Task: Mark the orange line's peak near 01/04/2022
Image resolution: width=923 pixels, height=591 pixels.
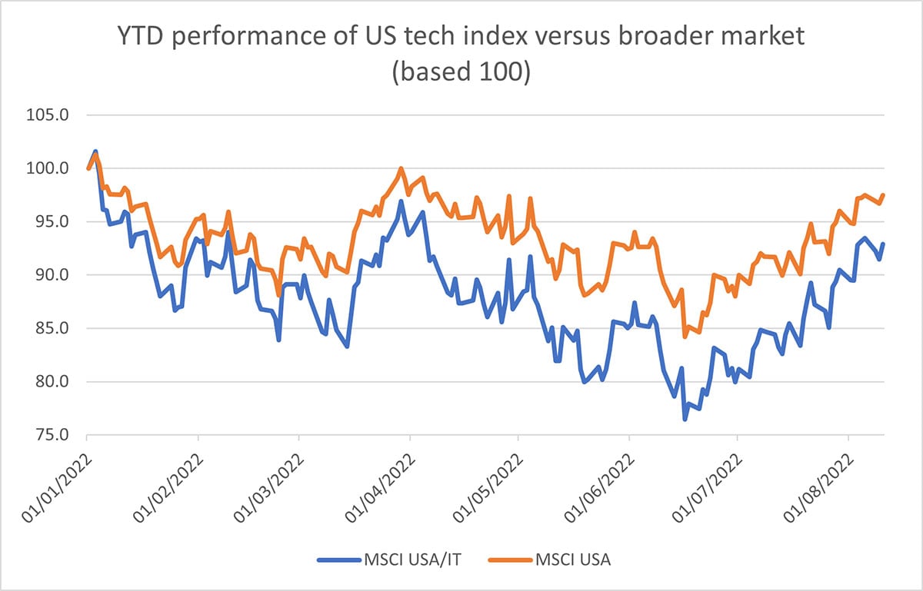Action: point(401,168)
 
